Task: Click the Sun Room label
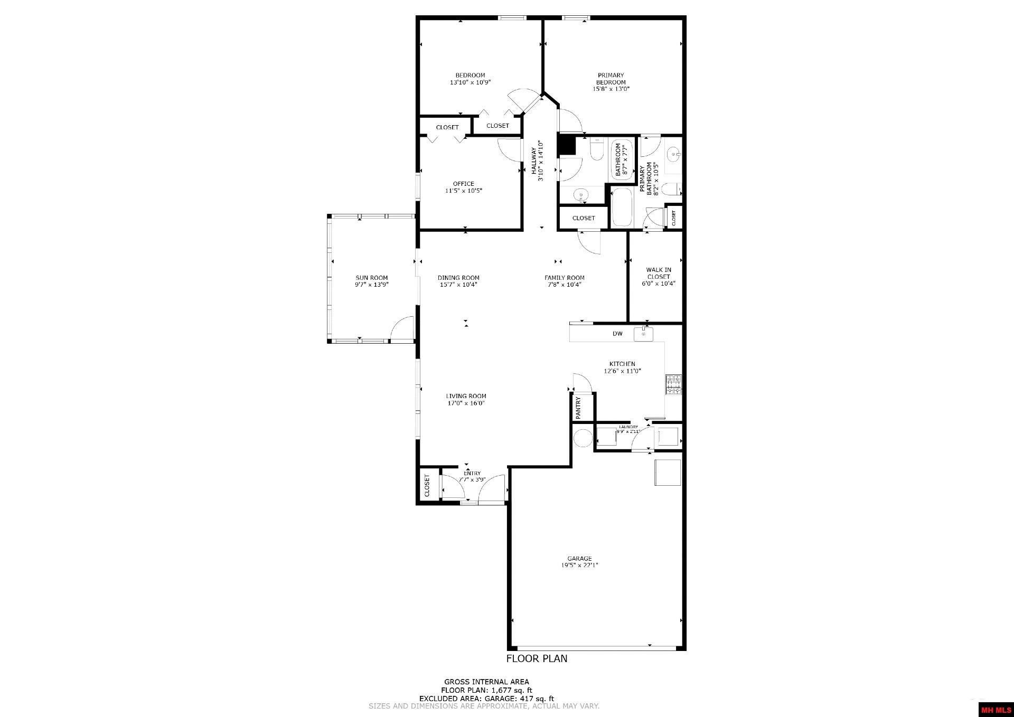(371, 278)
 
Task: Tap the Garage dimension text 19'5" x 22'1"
(579, 565)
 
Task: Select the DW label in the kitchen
(617, 334)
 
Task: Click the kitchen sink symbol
(643, 334)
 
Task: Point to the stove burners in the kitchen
(674, 384)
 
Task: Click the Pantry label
(578, 408)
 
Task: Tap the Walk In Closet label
(659, 273)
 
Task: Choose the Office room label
(463, 184)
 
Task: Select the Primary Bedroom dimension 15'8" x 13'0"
(611, 89)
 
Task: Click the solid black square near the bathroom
(566, 145)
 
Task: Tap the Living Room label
(466, 396)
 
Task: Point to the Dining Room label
(458, 278)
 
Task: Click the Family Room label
(565, 278)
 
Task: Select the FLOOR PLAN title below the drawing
(537, 658)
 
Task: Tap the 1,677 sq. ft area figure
(512, 690)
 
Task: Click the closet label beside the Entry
(427, 486)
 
